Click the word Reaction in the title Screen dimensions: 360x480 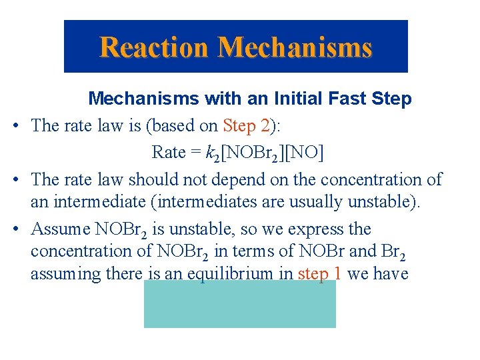pyautogui.click(x=154, y=47)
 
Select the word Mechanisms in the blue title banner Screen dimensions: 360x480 pyautogui.click(x=295, y=47)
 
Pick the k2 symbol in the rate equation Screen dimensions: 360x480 pyautogui.click(x=211, y=153)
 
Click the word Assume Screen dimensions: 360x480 pyautogui.click(x=61, y=229)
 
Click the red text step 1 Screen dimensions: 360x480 pyautogui.click(x=320, y=273)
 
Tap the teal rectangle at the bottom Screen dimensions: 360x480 pyautogui.click(x=240, y=303)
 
